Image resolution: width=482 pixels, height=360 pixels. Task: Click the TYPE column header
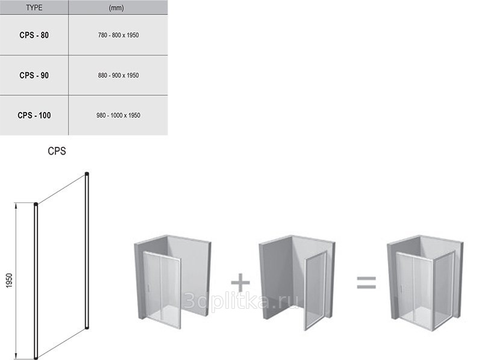pos(34,8)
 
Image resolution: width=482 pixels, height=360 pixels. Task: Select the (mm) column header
pos(116,8)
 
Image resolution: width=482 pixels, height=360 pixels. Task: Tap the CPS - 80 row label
pos(34,35)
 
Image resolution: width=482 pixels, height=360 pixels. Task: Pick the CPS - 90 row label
pos(34,75)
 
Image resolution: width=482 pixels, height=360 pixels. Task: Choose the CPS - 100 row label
pos(34,115)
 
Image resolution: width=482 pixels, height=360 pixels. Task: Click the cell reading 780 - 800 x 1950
pos(118,35)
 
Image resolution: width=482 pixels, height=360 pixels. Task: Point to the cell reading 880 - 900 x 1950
pos(118,75)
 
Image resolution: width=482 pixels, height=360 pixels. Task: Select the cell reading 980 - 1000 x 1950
pos(118,115)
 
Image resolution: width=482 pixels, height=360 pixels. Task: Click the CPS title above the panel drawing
pos(57,151)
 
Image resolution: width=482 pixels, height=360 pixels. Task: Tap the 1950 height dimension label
pos(9,281)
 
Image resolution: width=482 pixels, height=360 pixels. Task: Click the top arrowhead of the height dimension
pos(16,205)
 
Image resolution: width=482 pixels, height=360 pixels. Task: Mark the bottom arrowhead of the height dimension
pos(16,356)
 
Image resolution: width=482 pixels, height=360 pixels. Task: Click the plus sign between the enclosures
pos(240,282)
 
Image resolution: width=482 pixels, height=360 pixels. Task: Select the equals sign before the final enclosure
pos(366,282)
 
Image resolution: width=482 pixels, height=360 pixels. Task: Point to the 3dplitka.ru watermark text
pos(240,301)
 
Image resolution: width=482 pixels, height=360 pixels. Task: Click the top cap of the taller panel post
pos(87,174)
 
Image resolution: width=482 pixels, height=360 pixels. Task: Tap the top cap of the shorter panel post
pos(36,204)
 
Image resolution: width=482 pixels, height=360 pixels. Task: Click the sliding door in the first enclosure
pos(162,289)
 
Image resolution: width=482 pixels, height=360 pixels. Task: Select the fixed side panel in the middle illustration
pos(315,290)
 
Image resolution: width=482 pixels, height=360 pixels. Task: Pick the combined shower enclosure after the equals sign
pos(425,282)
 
